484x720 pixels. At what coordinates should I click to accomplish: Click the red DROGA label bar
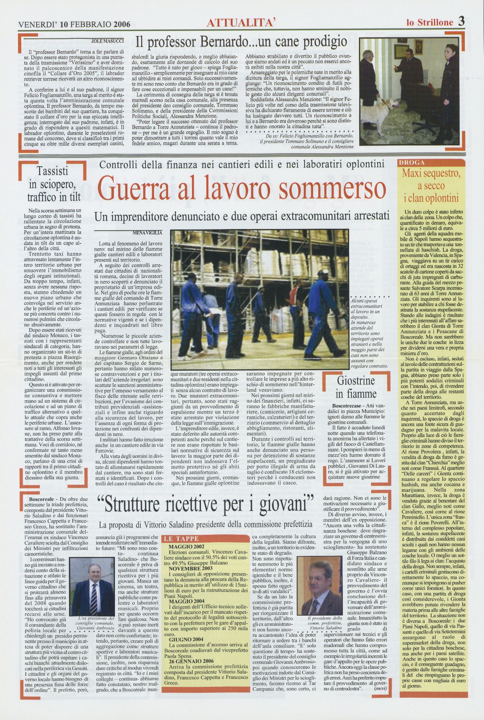coord(432,162)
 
